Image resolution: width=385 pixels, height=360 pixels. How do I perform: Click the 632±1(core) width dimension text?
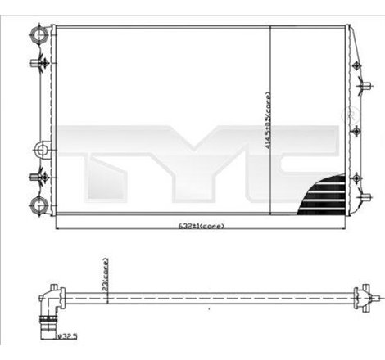pyautogui.click(x=202, y=225)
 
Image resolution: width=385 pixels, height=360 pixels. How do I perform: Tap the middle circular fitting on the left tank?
pyautogui.click(x=40, y=151)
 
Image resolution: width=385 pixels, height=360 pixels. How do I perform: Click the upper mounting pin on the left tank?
pyautogui.click(x=36, y=61)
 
